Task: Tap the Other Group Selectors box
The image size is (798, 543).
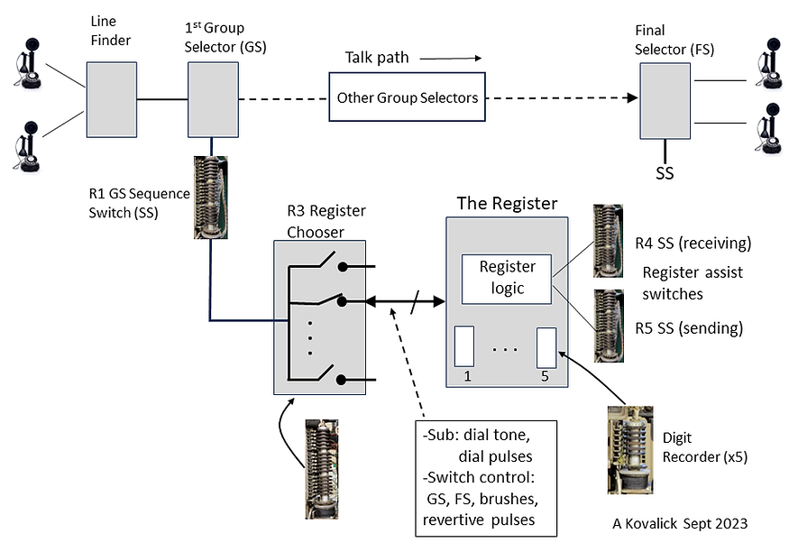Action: coord(407,97)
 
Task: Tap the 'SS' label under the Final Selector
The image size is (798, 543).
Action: coord(665,172)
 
